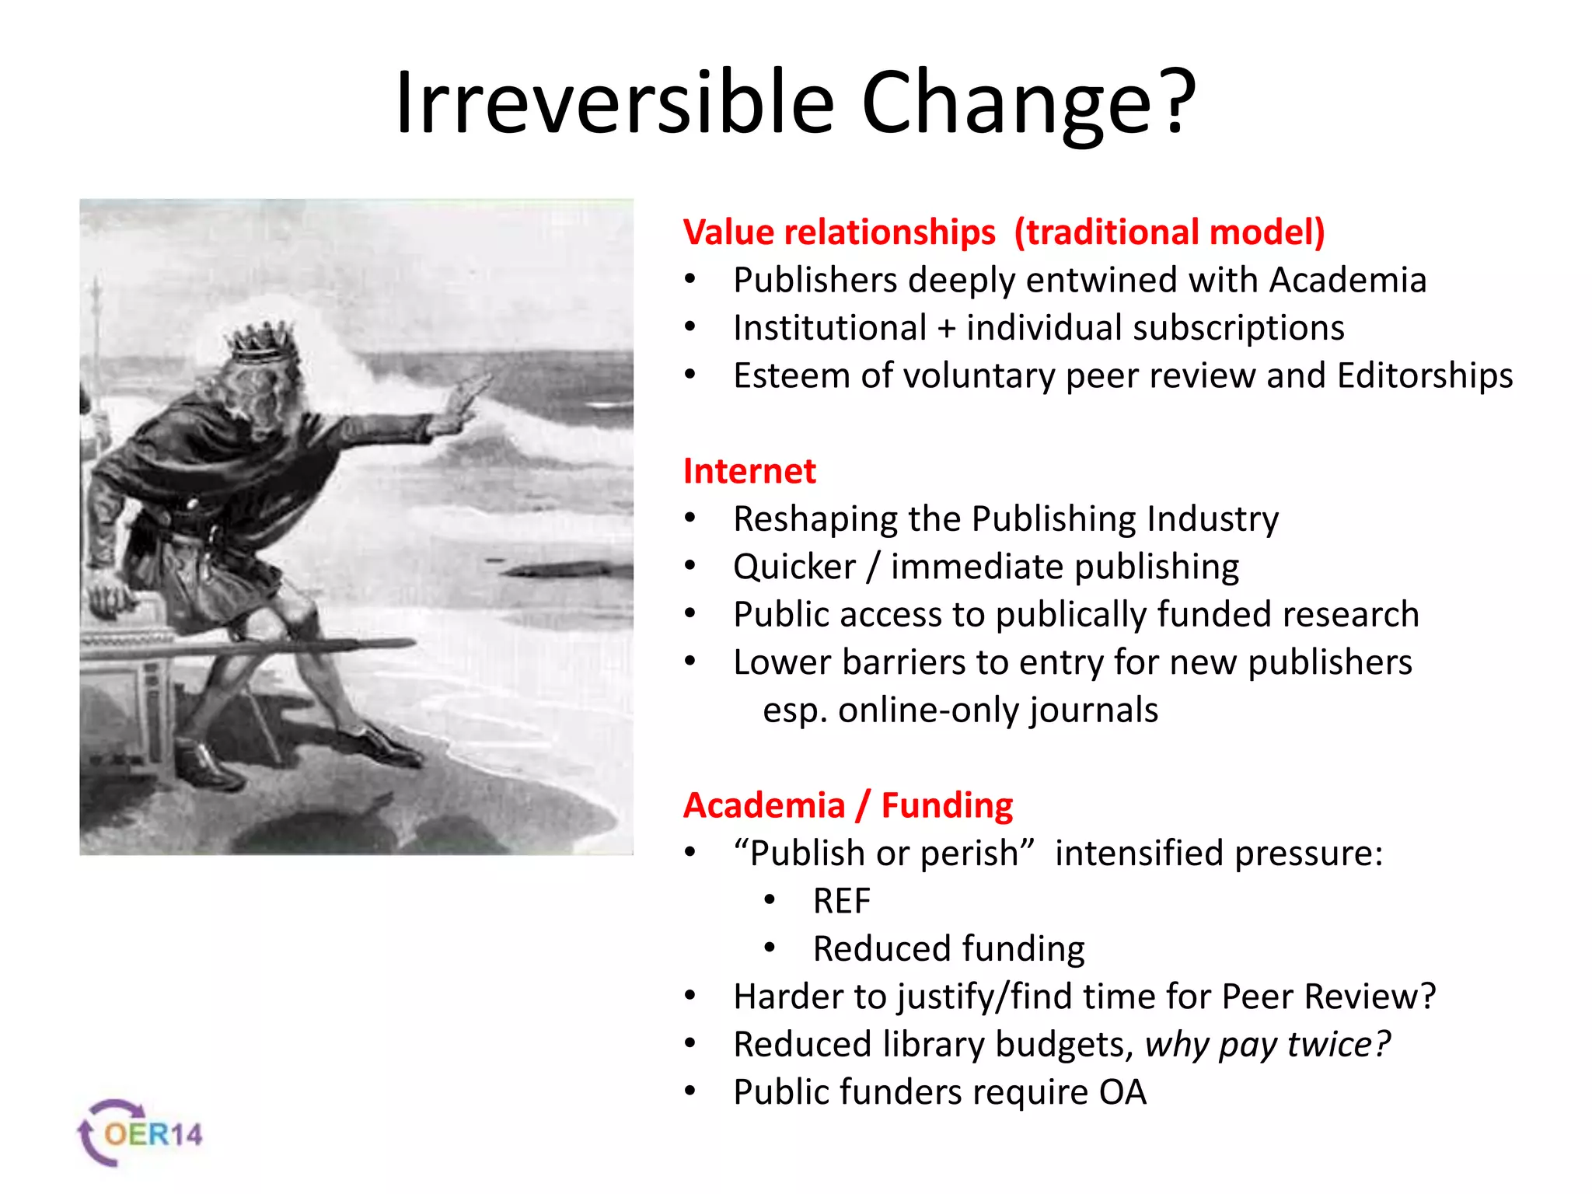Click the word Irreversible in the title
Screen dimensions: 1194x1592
614,103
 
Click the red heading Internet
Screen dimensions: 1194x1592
749,471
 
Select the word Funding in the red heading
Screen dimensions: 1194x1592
947,805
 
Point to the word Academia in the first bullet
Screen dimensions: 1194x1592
1348,280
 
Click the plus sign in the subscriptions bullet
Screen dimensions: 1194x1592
946,328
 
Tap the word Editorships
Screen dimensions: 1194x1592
1425,375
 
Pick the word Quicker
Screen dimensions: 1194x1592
794,567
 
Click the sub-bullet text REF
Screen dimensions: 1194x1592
841,901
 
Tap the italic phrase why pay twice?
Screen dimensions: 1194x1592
1267,1044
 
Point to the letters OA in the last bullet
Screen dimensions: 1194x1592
1122,1092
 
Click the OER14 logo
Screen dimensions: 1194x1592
141,1133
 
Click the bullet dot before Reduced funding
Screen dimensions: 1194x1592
770,948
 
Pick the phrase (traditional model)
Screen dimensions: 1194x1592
1169,232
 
